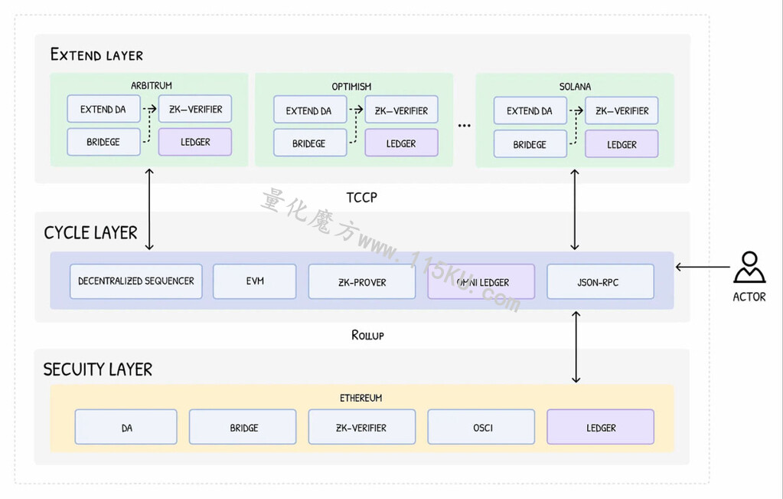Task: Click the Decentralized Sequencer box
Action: point(135,281)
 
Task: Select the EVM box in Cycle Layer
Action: point(255,281)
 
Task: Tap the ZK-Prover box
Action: point(362,281)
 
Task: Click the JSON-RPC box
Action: point(600,281)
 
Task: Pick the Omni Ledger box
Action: point(481,281)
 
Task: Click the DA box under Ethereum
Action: point(126,427)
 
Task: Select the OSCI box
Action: point(481,427)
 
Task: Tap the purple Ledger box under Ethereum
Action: point(600,427)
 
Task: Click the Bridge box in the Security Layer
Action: point(243,427)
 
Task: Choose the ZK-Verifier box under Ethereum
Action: point(362,427)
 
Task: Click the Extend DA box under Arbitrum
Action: point(104,109)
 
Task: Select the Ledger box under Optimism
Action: point(402,143)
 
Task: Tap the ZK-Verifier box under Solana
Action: point(622,110)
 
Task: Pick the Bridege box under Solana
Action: point(530,144)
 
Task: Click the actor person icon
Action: point(749,268)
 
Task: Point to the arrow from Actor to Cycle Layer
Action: point(703,267)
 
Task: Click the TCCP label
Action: point(361,198)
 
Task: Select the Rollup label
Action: point(367,335)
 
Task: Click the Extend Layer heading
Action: point(97,54)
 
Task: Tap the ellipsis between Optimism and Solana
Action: point(465,126)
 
